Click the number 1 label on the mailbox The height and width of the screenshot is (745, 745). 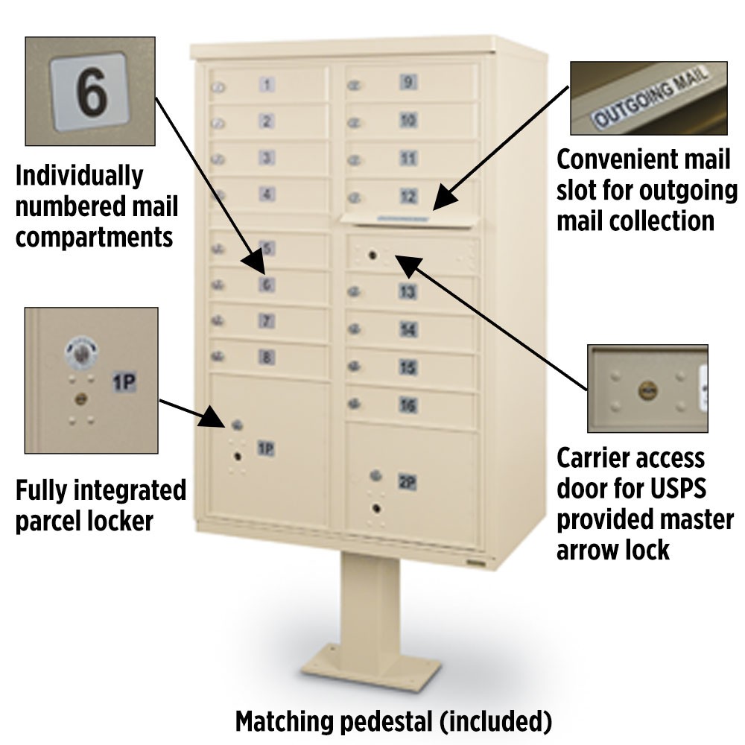pyautogui.click(x=266, y=84)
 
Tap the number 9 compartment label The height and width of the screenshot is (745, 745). pyautogui.click(x=408, y=82)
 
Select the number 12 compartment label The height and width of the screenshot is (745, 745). pyautogui.click(x=408, y=196)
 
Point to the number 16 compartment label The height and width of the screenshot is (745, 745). pyautogui.click(x=408, y=405)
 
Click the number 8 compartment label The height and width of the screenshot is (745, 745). pyautogui.click(x=266, y=357)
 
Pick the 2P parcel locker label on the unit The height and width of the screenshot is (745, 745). pyautogui.click(x=406, y=483)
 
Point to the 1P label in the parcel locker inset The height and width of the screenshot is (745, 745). pyautogui.click(x=123, y=384)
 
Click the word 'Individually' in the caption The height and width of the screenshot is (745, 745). pyautogui.click(x=79, y=177)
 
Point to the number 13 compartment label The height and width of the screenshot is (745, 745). pyautogui.click(x=407, y=292)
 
